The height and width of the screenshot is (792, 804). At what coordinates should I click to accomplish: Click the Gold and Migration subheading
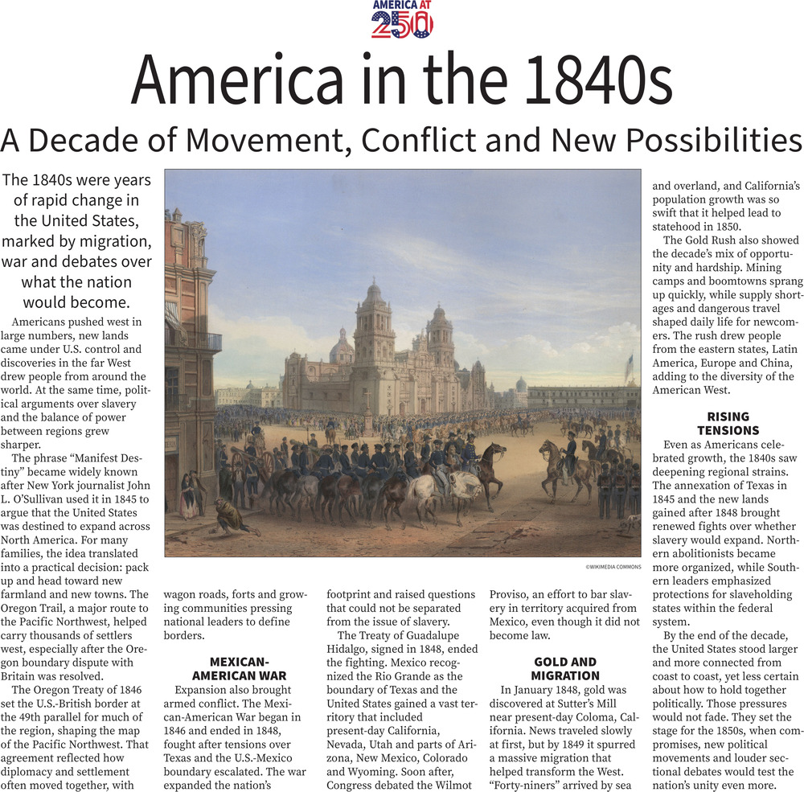coord(564,668)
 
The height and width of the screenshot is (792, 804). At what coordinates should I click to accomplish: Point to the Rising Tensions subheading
coord(728,423)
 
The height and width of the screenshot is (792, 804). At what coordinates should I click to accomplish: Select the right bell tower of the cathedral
coord(441,330)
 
